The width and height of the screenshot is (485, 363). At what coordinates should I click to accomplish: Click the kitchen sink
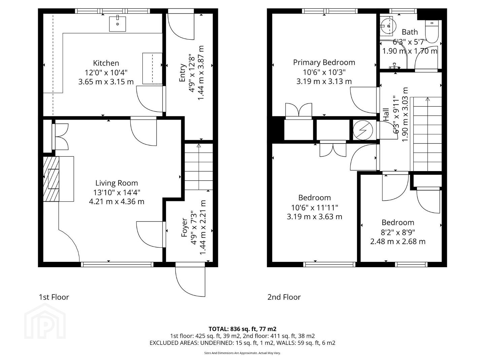point(117,24)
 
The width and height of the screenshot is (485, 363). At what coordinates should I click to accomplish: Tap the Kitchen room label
point(106,63)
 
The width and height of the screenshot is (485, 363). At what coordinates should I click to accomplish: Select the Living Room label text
point(117,183)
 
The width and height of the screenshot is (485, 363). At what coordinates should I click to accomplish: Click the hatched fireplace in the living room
point(51,179)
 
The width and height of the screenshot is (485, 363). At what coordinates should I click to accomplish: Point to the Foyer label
point(185,228)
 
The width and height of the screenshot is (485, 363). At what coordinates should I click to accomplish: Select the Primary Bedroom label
point(324,63)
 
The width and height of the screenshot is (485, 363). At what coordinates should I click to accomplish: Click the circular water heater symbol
point(363,130)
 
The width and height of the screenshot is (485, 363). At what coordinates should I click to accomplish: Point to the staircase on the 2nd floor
point(426,134)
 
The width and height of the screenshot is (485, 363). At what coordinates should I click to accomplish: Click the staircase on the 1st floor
point(199,167)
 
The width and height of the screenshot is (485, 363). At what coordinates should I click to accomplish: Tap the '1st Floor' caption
point(54,297)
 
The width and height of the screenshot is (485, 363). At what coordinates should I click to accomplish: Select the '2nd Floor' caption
point(284,297)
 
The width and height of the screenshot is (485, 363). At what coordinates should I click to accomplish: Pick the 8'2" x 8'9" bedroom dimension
point(398,232)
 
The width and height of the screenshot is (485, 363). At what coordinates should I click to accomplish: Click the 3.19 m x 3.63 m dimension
point(315,217)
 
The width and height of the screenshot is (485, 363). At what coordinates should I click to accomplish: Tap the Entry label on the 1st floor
point(182,73)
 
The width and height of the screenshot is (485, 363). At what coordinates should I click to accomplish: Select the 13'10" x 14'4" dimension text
point(117,192)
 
